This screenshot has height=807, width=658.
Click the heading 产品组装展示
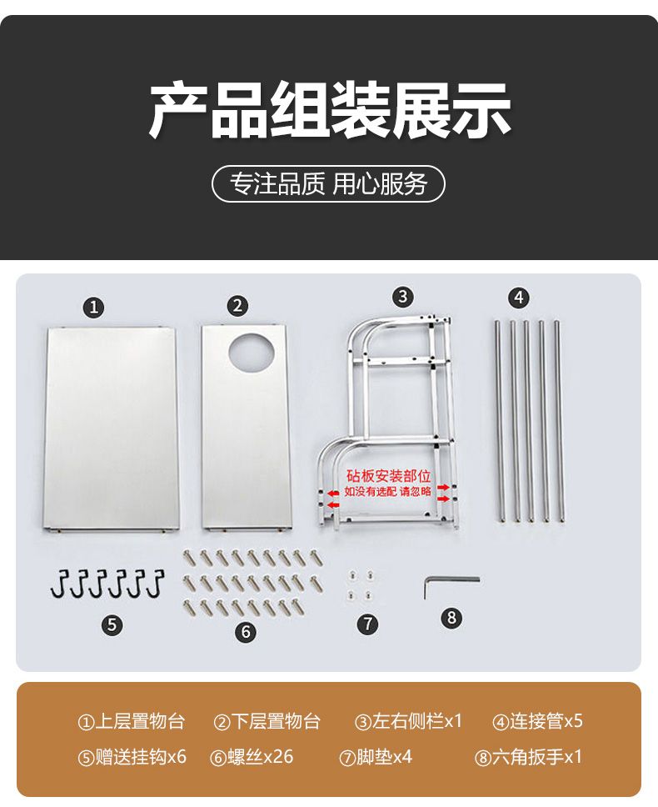coord(330,109)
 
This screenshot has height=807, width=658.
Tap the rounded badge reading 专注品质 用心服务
coord(328,183)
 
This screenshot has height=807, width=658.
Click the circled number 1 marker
coord(93,308)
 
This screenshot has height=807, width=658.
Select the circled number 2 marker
coord(237,306)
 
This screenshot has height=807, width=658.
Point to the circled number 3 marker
coord(403,297)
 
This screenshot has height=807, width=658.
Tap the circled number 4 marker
coord(519,298)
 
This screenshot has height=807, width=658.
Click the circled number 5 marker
coord(112,625)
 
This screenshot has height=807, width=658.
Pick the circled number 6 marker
coord(246,631)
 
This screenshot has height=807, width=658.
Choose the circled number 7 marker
coord(367,624)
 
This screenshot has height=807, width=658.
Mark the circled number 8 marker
coord(452,617)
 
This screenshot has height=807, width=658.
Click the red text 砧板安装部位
coord(388,475)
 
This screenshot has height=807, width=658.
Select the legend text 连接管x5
coord(546,721)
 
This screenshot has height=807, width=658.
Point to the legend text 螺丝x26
coord(260,757)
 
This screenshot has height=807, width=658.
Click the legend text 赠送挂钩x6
coord(140,757)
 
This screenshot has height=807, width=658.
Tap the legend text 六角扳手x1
coord(537,757)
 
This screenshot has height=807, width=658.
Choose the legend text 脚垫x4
coord(385,757)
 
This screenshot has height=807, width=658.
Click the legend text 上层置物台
coord(140,721)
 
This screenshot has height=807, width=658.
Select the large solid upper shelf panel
coord(112,429)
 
